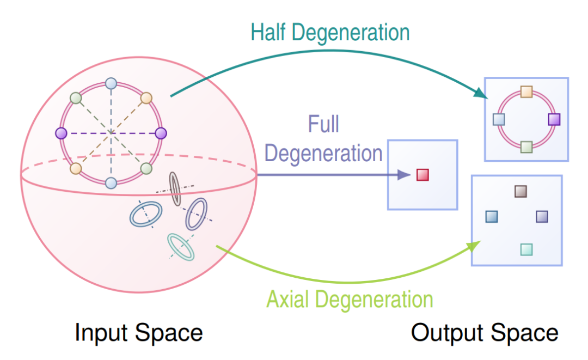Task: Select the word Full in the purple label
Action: coord(323,124)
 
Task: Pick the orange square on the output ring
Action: coord(526,91)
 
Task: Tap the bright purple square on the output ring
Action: coord(554,119)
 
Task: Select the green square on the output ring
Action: coord(526,147)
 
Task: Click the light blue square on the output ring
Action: coord(499,119)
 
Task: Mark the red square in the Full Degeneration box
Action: coord(422,175)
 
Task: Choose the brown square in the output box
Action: coord(520,191)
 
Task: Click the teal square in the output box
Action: coord(526,249)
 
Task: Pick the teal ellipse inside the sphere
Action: coord(180,247)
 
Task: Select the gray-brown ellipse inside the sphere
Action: coord(175,188)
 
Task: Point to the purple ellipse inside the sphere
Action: coord(196,213)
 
